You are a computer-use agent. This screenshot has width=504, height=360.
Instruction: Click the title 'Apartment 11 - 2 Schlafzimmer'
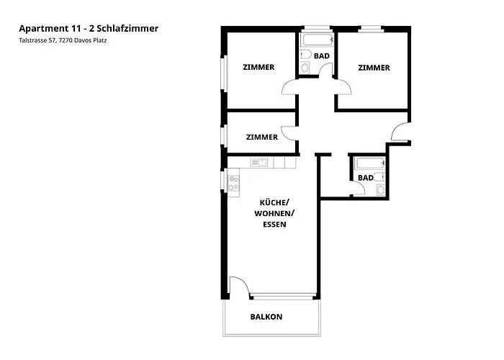click(x=89, y=29)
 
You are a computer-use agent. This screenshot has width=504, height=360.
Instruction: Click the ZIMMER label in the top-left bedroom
click(x=258, y=68)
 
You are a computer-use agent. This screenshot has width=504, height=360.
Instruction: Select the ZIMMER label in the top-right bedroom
click(x=374, y=68)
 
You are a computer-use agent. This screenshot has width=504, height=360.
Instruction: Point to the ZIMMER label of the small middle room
click(x=261, y=137)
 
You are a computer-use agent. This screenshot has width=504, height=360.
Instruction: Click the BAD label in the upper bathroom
click(x=322, y=55)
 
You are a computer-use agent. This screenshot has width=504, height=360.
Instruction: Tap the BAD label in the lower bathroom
click(x=366, y=178)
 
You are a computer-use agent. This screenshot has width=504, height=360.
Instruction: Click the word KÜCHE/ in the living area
click(x=273, y=202)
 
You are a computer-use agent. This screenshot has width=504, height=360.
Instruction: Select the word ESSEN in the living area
click(x=274, y=225)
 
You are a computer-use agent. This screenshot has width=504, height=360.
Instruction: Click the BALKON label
click(x=266, y=317)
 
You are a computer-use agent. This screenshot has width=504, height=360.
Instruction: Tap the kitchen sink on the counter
click(x=259, y=162)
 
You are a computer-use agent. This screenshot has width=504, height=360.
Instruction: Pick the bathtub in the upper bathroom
click(x=317, y=39)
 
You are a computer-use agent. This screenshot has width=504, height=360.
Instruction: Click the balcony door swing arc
click(x=240, y=286)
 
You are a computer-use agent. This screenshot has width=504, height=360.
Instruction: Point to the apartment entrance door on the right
click(x=399, y=132)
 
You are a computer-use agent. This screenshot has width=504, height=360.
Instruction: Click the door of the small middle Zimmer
click(x=288, y=132)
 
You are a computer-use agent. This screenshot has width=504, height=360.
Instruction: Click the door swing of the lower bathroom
click(x=356, y=190)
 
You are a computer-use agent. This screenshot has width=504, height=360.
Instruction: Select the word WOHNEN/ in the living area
click(x=274, y=213)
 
